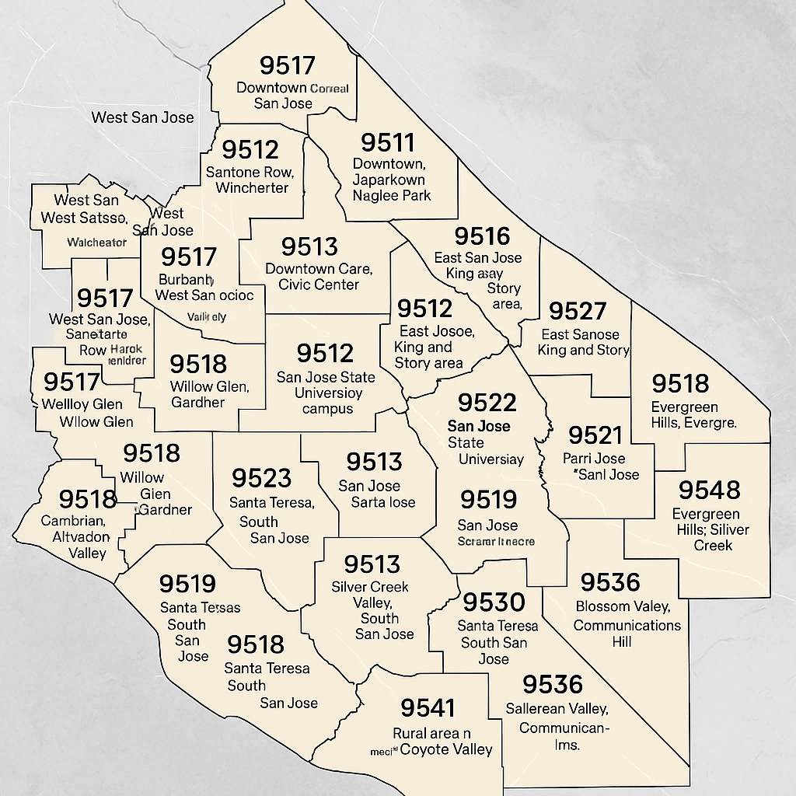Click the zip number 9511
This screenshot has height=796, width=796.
click(388, 142)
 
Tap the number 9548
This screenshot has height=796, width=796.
click(709, 490)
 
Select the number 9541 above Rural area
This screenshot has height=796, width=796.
click(428, 707)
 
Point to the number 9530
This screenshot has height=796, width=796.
click(494, 602)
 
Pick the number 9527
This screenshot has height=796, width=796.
click(577, 311)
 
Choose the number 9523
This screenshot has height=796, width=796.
click(261, 477)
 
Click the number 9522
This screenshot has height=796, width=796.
click(487, 402)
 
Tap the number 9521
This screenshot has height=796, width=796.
click(595, 435)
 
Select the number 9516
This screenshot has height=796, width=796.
click(482, 236)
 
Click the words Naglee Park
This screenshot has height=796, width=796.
click(392, 196)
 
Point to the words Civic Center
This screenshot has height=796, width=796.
click(319, 285)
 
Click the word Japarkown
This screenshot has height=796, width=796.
click(389, 180)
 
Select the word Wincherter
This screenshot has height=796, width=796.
click(252, 188)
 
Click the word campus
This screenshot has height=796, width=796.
click(327, 409)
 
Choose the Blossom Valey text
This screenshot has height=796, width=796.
click(622, 606)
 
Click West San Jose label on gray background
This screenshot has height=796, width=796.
click(142, 117)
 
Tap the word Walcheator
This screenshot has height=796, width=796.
click(96, 243)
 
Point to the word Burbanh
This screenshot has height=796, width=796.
click(186, 279)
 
